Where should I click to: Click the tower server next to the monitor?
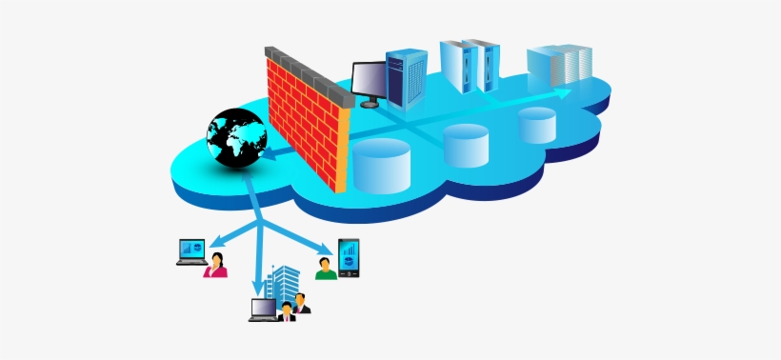pos(408,73)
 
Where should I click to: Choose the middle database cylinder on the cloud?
pos(466,144)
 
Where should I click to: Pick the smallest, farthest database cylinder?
pos(537,124)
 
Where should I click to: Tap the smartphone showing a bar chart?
pos(349,258)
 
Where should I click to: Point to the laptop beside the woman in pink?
pos(192,251)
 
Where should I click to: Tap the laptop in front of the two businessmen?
pos(263,310)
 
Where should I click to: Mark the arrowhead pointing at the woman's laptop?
pos(213,242)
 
